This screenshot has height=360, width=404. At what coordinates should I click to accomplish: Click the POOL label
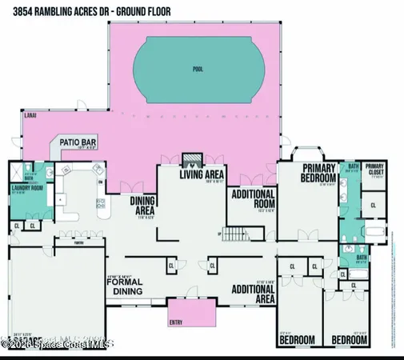[198, 70]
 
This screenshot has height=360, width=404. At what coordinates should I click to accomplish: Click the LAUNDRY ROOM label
[26, 189]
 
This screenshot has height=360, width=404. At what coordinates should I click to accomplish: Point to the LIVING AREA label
[202, 174]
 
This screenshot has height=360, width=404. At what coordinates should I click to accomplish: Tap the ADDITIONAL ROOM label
[253, 198]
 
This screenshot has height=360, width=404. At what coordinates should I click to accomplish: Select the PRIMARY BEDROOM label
[311, 174]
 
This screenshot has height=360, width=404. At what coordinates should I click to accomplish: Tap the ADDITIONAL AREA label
[253, 292]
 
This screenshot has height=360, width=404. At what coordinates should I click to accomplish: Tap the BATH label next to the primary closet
[353, 167]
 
